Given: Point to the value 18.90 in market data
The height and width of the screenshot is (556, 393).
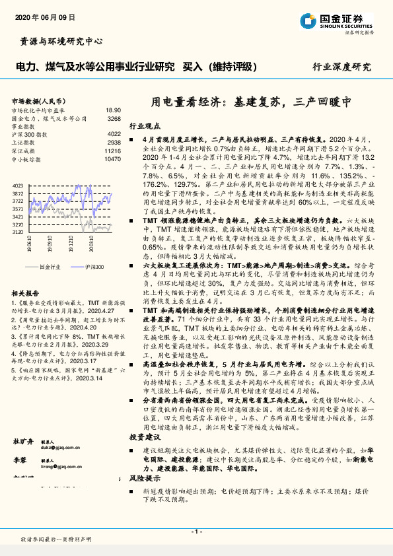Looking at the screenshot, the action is click(x=113, y=110).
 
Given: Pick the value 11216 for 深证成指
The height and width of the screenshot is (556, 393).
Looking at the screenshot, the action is click(x=112, y=151).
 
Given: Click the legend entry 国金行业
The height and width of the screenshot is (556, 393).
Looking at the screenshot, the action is click(x=49, y=267).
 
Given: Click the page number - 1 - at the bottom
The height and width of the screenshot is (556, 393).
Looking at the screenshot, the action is click(x=196, y=532).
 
